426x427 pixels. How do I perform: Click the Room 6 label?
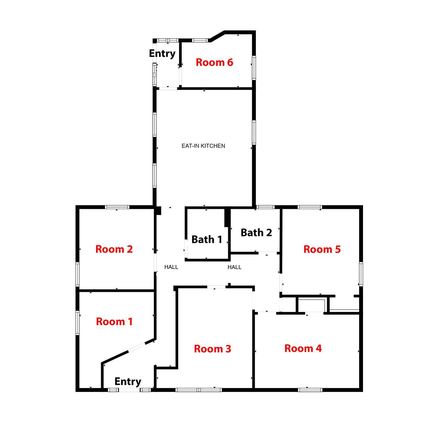pos(214,62)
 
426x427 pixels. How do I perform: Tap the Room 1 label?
pos(114,322)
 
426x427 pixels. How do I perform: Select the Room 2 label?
pos(114,249)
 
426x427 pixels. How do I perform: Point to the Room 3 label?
pos(213,349)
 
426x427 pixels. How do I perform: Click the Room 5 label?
pos(322,249)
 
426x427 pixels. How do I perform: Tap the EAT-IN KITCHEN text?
pos(203,146)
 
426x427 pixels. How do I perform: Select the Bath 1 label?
pos(207,239)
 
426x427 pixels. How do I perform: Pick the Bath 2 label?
pos(256,232)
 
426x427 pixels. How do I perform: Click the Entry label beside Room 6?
pos(162,54)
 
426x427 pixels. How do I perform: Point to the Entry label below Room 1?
pos(128,381)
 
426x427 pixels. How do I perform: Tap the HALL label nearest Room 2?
pos(171,267)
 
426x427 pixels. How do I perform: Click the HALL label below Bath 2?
pos(234,267)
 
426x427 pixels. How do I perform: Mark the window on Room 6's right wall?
pos(254,68)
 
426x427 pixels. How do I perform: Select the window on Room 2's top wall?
pos(117,207)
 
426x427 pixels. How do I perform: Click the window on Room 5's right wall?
pos(361,274)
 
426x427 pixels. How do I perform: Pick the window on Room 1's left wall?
pos(78,323)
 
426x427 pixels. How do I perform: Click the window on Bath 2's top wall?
pos(265,207)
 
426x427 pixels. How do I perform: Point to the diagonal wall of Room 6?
pos(217,36)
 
